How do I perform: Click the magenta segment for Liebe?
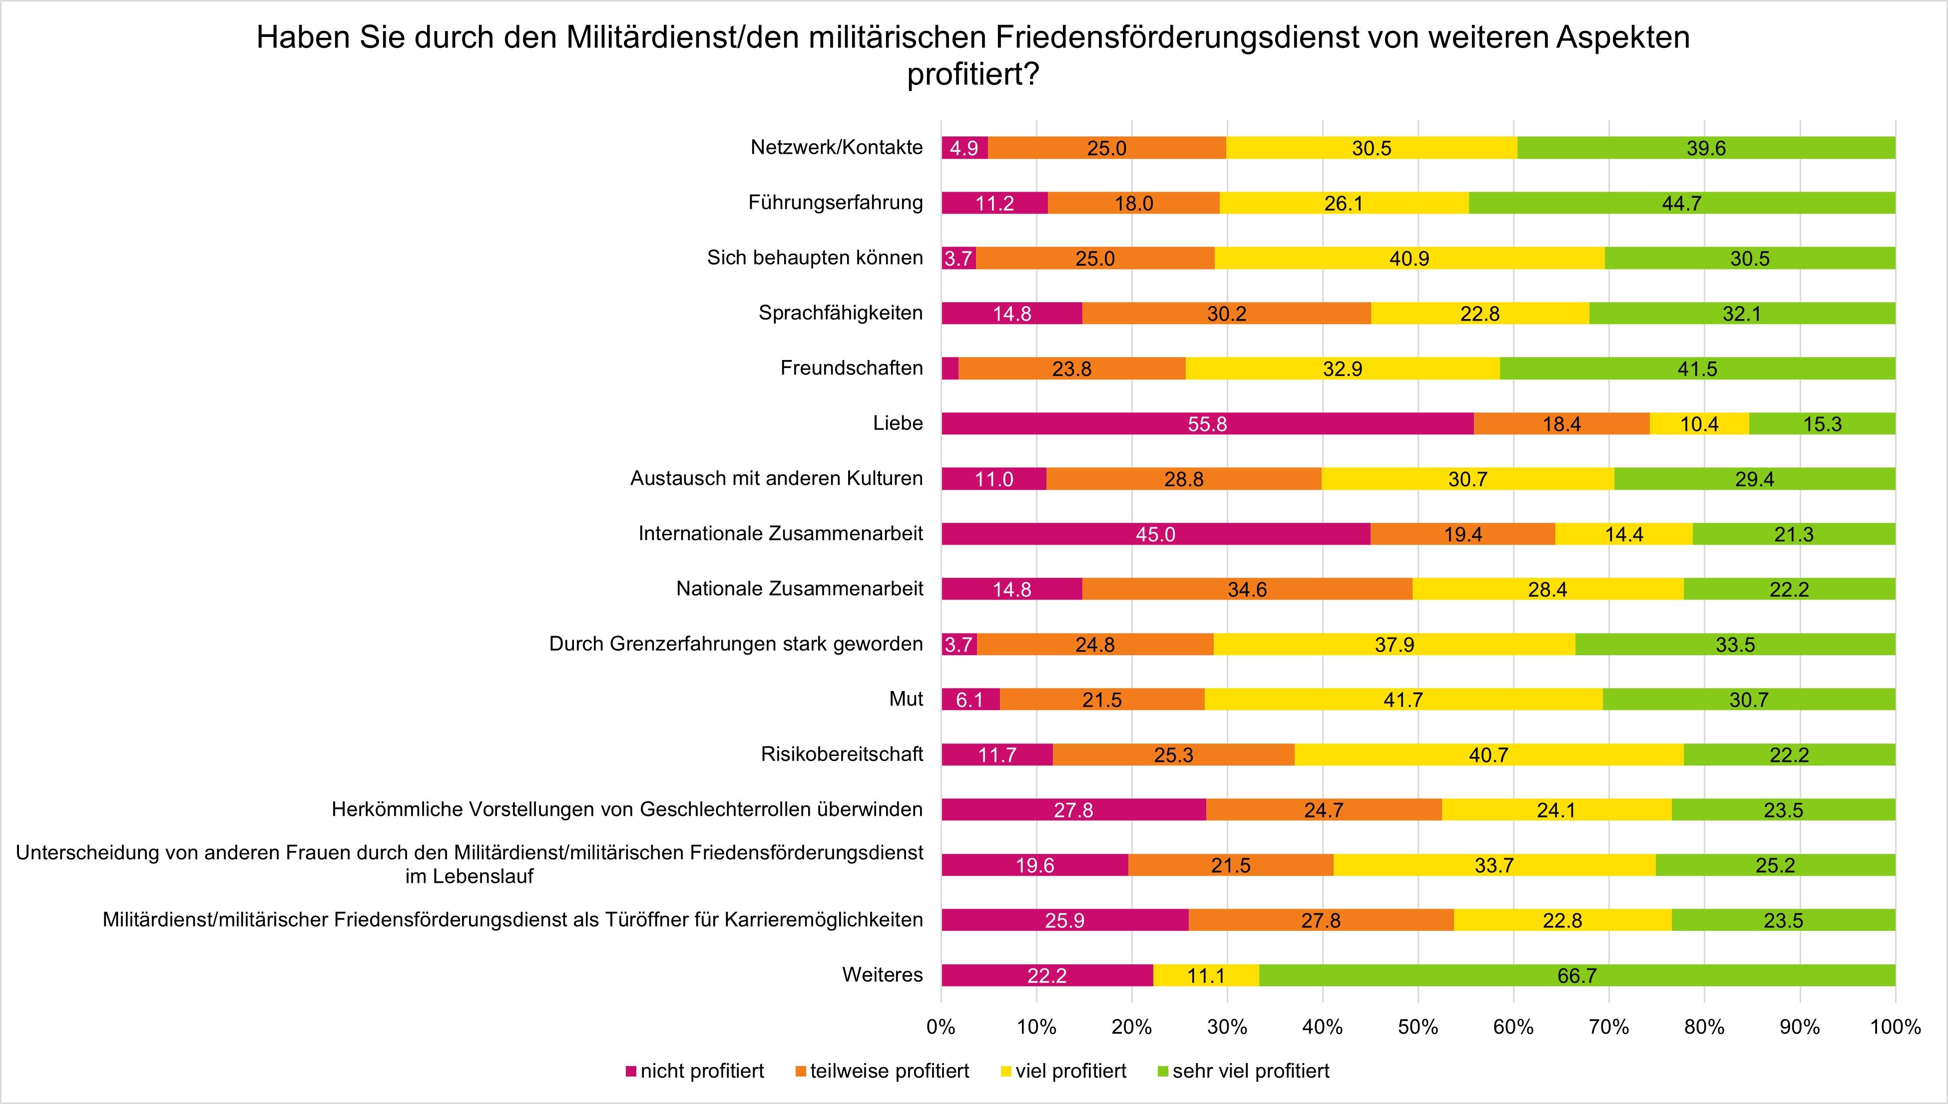click(1207, 423)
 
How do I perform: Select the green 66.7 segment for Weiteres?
click(1577, 975)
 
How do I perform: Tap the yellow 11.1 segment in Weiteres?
click(1206, 975)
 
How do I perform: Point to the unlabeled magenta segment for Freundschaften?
click(950, 368)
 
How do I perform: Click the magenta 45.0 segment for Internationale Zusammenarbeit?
click(1156, 534)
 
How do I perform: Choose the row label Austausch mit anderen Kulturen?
click(777, 478)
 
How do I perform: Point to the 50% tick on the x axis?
click(1418, 1028)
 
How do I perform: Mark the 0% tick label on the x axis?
click(941, 1028)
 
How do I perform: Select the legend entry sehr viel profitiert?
click(1250, 1072)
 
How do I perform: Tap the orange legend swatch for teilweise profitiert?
click(801, 1072)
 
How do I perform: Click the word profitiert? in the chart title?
click(972, 76)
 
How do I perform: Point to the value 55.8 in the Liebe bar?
click(1207, 424)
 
